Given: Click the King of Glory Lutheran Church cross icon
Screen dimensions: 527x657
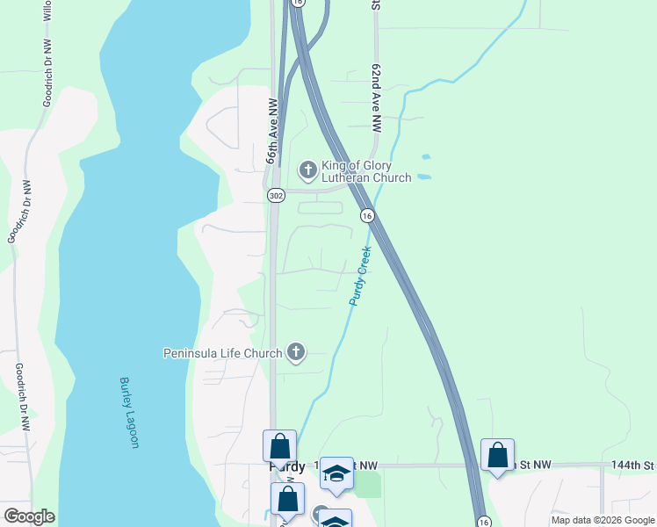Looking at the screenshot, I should tap(307, 168).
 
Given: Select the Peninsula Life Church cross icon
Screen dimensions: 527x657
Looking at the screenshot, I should tap(297, 353).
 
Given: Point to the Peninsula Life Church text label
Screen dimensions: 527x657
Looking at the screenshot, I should tap(223, 353).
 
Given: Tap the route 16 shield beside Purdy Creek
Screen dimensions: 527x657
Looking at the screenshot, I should tap(367, 215).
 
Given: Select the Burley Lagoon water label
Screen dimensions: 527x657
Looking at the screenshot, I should tap(129, 413).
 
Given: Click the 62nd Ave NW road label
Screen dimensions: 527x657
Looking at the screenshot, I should tap(376, 97).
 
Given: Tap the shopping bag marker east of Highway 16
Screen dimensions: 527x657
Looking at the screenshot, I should tap(497, 456).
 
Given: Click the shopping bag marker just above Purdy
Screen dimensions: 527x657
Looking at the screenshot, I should tap(279, 446).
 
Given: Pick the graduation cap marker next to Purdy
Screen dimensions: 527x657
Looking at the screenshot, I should tap(336, 473).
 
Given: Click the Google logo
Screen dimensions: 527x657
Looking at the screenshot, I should tap(29, 516).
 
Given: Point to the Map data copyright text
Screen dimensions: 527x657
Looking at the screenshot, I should tap(603, 520).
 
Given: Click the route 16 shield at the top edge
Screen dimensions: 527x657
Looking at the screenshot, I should tap(298, 4).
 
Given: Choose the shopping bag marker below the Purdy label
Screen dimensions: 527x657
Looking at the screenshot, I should tap(287, 499).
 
